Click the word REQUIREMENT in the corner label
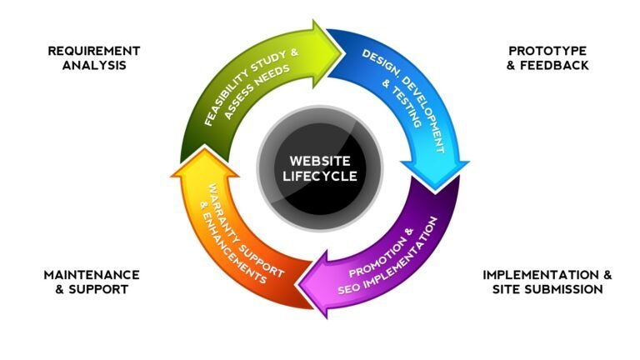[94, 51]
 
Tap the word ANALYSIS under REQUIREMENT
[94, 65]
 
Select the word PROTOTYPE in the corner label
[547, 51]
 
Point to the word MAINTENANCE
[92, 275]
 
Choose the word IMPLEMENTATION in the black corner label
[540, 275]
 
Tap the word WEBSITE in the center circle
[320, 161]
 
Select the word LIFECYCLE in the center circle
[320, 176]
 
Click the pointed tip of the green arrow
[342, 53]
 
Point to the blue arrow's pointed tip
[435, 191]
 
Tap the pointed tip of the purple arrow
[298, 283]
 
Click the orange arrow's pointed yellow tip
[203, 146]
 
